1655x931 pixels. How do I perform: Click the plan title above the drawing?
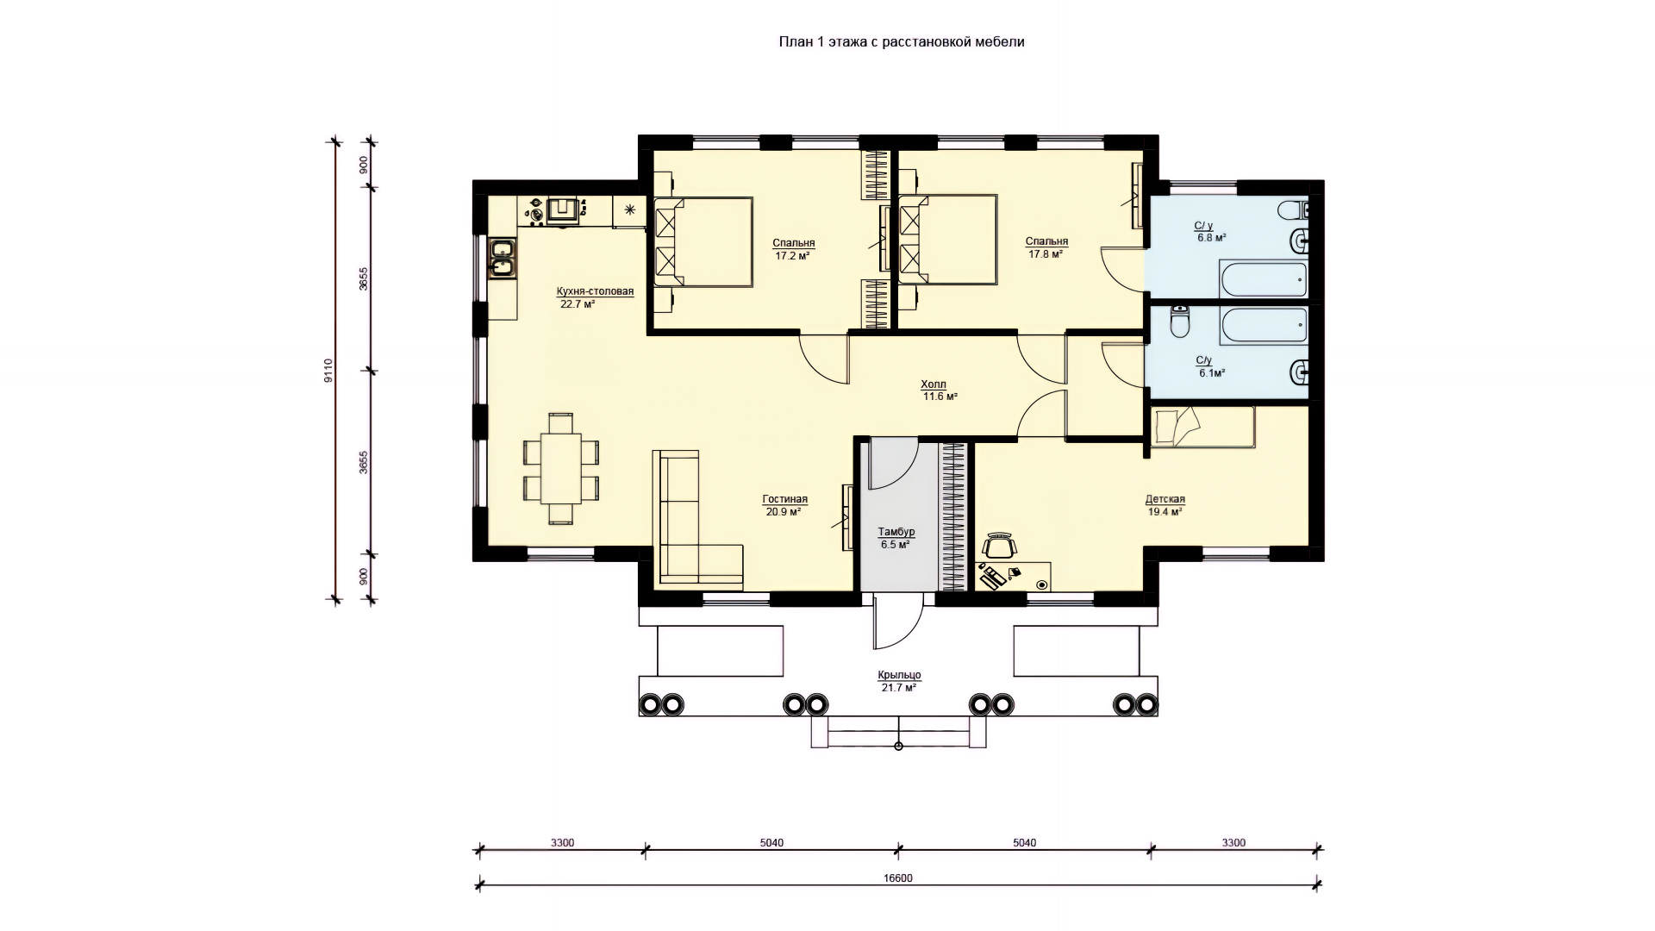tap(902, 41)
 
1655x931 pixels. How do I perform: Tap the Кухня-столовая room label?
tap(595, 297)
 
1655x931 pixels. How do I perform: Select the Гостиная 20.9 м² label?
tap(784, 505)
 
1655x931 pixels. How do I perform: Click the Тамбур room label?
tap(896, 538)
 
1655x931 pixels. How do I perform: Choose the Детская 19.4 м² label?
tap(1165, 505)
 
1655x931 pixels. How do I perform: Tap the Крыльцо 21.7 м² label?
tap(899, 681)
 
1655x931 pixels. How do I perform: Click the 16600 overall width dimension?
tap(898, 878)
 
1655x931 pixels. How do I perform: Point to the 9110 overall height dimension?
tap(328, 371)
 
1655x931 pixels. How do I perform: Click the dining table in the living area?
tap(560, 469)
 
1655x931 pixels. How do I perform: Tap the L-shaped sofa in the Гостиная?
tap(696, 519)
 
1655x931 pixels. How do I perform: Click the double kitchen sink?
tap(502, 259)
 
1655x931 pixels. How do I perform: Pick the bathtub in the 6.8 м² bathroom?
tap(1263, 279)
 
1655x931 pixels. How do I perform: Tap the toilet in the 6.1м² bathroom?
tap(1179, 322)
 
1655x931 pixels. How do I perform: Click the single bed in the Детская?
tap(1199, 427)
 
